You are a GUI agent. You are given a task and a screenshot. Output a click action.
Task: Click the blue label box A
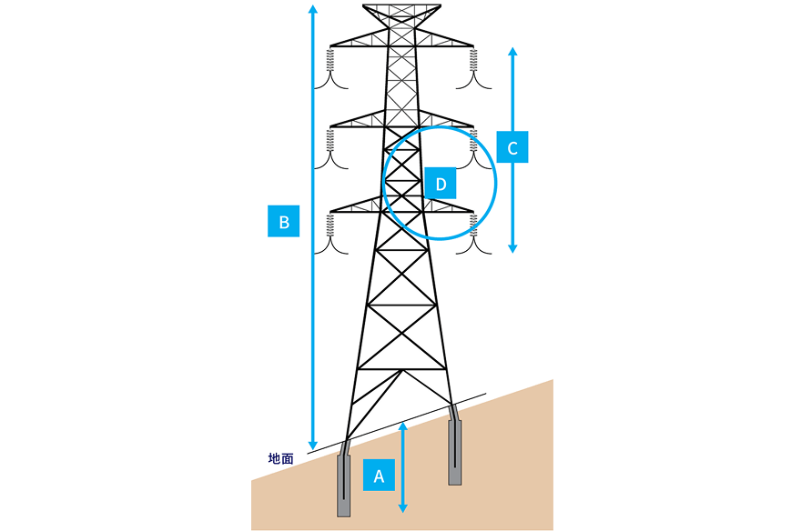(379, 475)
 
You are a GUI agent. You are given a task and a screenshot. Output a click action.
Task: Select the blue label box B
(283, 221)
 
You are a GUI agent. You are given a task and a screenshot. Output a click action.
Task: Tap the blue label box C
(512, 147)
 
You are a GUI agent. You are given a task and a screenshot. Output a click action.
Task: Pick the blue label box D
(441, 183)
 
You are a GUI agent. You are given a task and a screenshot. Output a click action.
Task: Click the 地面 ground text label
(281, 458)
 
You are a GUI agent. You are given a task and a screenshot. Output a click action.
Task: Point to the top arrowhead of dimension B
(313, 8)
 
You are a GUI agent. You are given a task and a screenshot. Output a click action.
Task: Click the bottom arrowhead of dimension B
(313, 446)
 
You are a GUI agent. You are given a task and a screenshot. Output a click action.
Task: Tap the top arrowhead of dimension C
(512, 52)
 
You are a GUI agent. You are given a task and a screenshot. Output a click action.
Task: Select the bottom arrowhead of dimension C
(512, 248)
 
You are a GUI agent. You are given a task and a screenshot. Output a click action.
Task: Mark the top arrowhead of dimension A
(403, 426)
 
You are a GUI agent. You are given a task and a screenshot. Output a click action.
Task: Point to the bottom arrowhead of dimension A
(403, 508)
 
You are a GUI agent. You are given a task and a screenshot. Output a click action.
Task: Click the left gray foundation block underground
(344, 486)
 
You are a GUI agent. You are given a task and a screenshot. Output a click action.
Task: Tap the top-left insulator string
(330, 60)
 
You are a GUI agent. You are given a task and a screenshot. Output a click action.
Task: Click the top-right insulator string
(473, 60)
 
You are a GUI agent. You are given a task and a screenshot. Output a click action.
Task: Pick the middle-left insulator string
(330, 140)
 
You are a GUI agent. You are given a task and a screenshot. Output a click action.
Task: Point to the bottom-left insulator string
(330, 225)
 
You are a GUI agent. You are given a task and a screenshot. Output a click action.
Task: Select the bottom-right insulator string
(473, 225)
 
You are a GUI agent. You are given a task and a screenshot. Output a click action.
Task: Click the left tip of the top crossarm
(330, 45)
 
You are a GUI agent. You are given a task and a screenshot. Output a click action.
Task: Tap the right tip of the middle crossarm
(473, 125)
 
